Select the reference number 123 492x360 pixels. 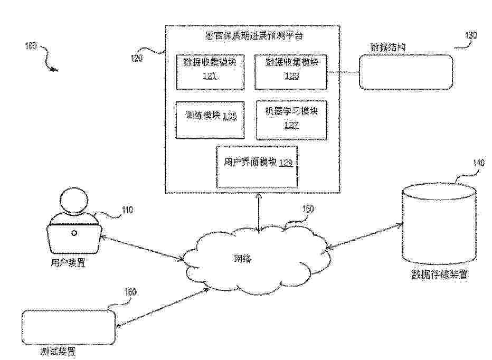[x=290, y=76]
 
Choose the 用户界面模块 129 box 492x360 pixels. [x=257, y=166]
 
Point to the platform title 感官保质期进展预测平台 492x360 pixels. [x=253, y=36]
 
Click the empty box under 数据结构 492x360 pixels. [x=405, y=71]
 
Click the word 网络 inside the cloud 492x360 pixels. [x=243, y=259]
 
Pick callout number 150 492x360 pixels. [x=307, y=209]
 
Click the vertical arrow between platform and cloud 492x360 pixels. [x=259, y=212]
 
